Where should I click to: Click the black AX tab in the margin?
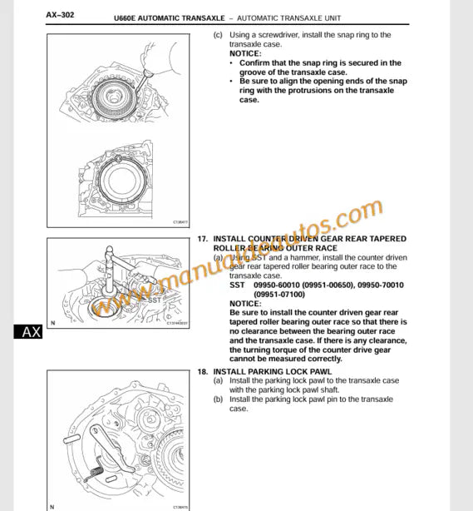[31, 332]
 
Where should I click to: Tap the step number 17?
[202, 239]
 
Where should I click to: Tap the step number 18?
[202, 371]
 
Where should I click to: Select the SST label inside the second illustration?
[155, 297]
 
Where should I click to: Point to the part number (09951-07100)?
[281, 294]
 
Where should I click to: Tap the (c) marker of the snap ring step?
[218, 35]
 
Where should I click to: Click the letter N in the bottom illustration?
[52, 506]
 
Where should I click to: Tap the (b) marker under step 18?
[218, 399]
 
